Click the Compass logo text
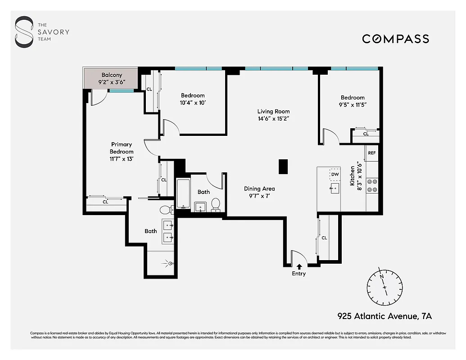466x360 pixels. (x=395, y=39)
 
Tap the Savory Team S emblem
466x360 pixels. (x=24, y=32)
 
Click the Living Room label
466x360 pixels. (x=273, y=112)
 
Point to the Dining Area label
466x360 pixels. (x=259, y=189)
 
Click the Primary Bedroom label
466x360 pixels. (x=122, y=148)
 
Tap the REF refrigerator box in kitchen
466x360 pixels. (x=372, y=153)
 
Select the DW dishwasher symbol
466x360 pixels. (x=335, y=175)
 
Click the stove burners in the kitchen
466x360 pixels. (x=372, y=185)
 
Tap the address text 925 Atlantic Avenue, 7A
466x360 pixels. (x=385, y=316)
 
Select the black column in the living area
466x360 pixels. (x=283, y=166)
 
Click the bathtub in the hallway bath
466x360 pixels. (x=183, y=194)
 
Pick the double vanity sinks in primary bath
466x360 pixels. (x=168, y=230)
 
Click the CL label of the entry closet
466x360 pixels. (x=324, y=238)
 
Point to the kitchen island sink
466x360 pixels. (x=335, y=189)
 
